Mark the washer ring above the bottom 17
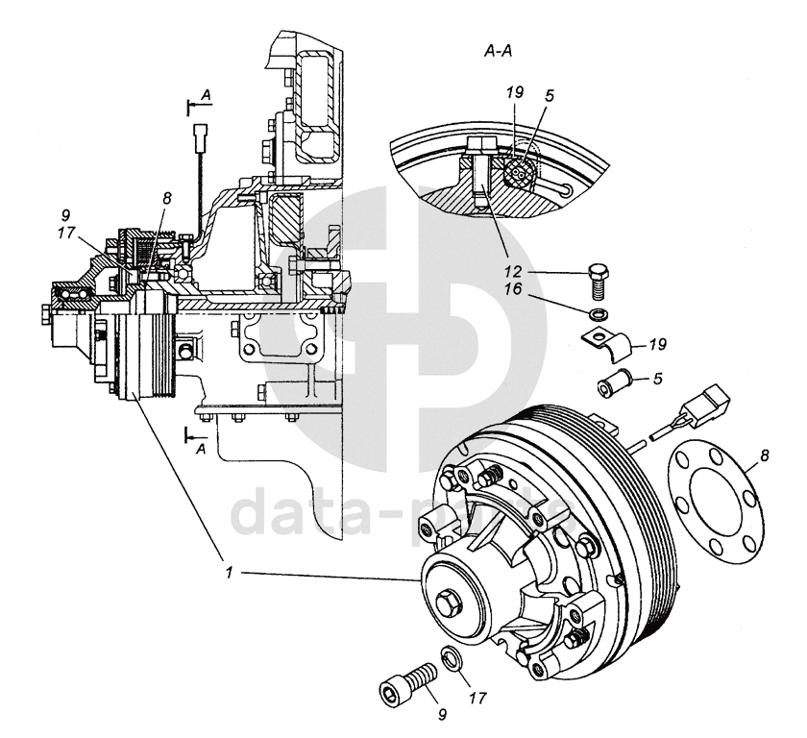(x=451, y=660)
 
